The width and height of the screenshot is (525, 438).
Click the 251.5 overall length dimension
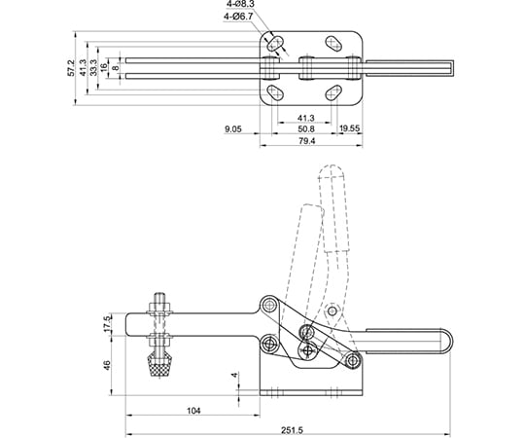pos(292,429)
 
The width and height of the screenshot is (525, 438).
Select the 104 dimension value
pos(193,411)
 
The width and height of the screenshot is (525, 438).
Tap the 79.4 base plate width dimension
pos(307,141)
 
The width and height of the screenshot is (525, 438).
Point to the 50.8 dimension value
pos(306,129)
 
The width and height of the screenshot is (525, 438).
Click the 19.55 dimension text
pos(349,128)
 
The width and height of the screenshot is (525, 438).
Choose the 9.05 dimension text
pos(233,129)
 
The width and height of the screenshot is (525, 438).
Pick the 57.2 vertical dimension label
pos(71,68)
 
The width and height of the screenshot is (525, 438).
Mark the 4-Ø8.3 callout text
pos(240,4)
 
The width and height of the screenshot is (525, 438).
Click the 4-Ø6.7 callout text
pos(238,16)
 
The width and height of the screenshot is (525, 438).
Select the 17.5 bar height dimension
pos(107,324)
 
